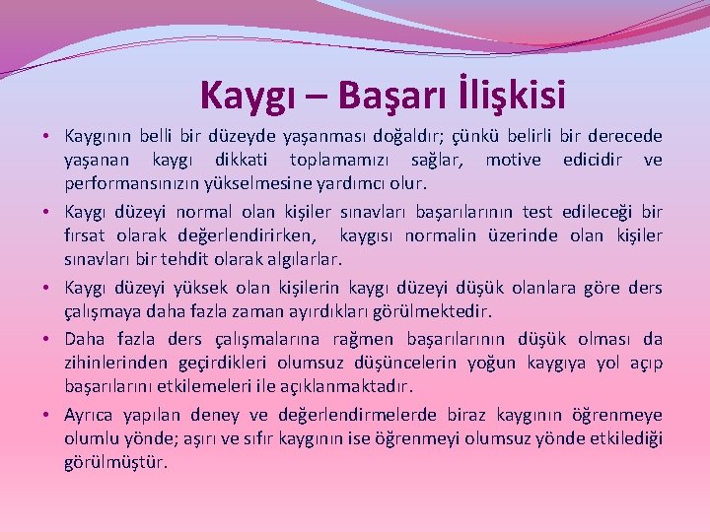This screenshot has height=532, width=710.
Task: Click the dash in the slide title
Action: click(319, 97)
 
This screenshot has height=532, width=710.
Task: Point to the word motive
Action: click(513, 160)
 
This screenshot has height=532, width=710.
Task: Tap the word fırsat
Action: click(84, 236)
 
